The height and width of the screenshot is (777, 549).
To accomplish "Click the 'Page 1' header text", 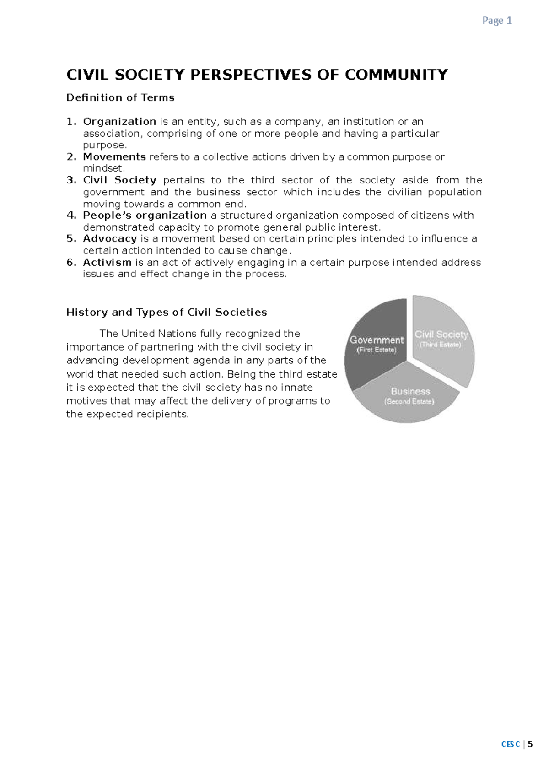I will click(x=497, y=21).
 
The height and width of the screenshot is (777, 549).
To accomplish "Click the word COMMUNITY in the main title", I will click(x=396, y=75).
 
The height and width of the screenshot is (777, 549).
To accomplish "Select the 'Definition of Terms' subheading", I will click(x=120, y=97).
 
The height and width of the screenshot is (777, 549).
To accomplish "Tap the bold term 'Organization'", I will click(x=119, y=122).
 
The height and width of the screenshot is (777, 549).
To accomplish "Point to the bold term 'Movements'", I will click(x=114, y=157).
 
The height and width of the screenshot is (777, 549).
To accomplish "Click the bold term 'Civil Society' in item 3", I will click(x=119, y=180).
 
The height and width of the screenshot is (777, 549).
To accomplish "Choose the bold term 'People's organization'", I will click(x=145, y=216).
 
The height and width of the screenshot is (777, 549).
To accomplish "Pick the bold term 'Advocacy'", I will click(x=110, y=239).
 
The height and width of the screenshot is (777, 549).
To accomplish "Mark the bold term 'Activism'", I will click(x=107, y=263).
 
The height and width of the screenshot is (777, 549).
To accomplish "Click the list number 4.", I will click(x=71, y=216).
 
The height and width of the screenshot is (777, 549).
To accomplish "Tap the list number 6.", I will click(x=71, y=263).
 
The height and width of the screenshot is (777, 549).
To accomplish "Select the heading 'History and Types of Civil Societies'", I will click(x=167, y=313).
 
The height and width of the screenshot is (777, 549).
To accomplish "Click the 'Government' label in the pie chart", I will click(x=377, y=340).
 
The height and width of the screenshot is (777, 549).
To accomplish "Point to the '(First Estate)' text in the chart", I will click(x=377, y=350).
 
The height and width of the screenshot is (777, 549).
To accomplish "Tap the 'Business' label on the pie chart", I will click(x=410, y=392).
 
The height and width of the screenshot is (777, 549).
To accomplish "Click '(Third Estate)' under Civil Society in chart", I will click(x=440, y=345).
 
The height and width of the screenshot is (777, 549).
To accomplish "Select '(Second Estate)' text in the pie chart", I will click(x=409, y=402).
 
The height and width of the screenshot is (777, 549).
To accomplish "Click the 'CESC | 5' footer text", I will click(x=517, y=745).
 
